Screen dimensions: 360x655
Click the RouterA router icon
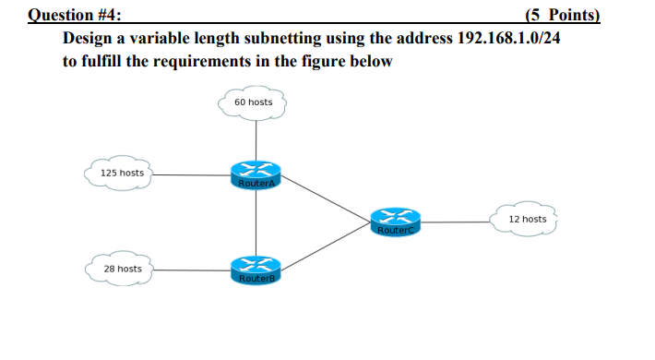[x=256, y=174]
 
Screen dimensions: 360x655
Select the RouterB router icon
[x=256, y=270]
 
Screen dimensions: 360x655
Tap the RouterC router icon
[x=396, y=222]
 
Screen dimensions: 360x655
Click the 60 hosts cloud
[x=254, y=102]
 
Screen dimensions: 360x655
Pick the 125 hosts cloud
[x=122, y=173]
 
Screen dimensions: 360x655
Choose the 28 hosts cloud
[x=122, y=269]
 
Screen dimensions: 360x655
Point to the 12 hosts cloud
[x=527, y=220]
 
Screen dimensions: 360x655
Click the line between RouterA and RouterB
[x=256, y=222]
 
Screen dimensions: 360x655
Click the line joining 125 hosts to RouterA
[x=191, y=173]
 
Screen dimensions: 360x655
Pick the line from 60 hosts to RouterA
[x=255, y=138]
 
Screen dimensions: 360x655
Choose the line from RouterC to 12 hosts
[x=457, y=222]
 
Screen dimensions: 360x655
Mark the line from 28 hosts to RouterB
[x=191, y=270]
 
